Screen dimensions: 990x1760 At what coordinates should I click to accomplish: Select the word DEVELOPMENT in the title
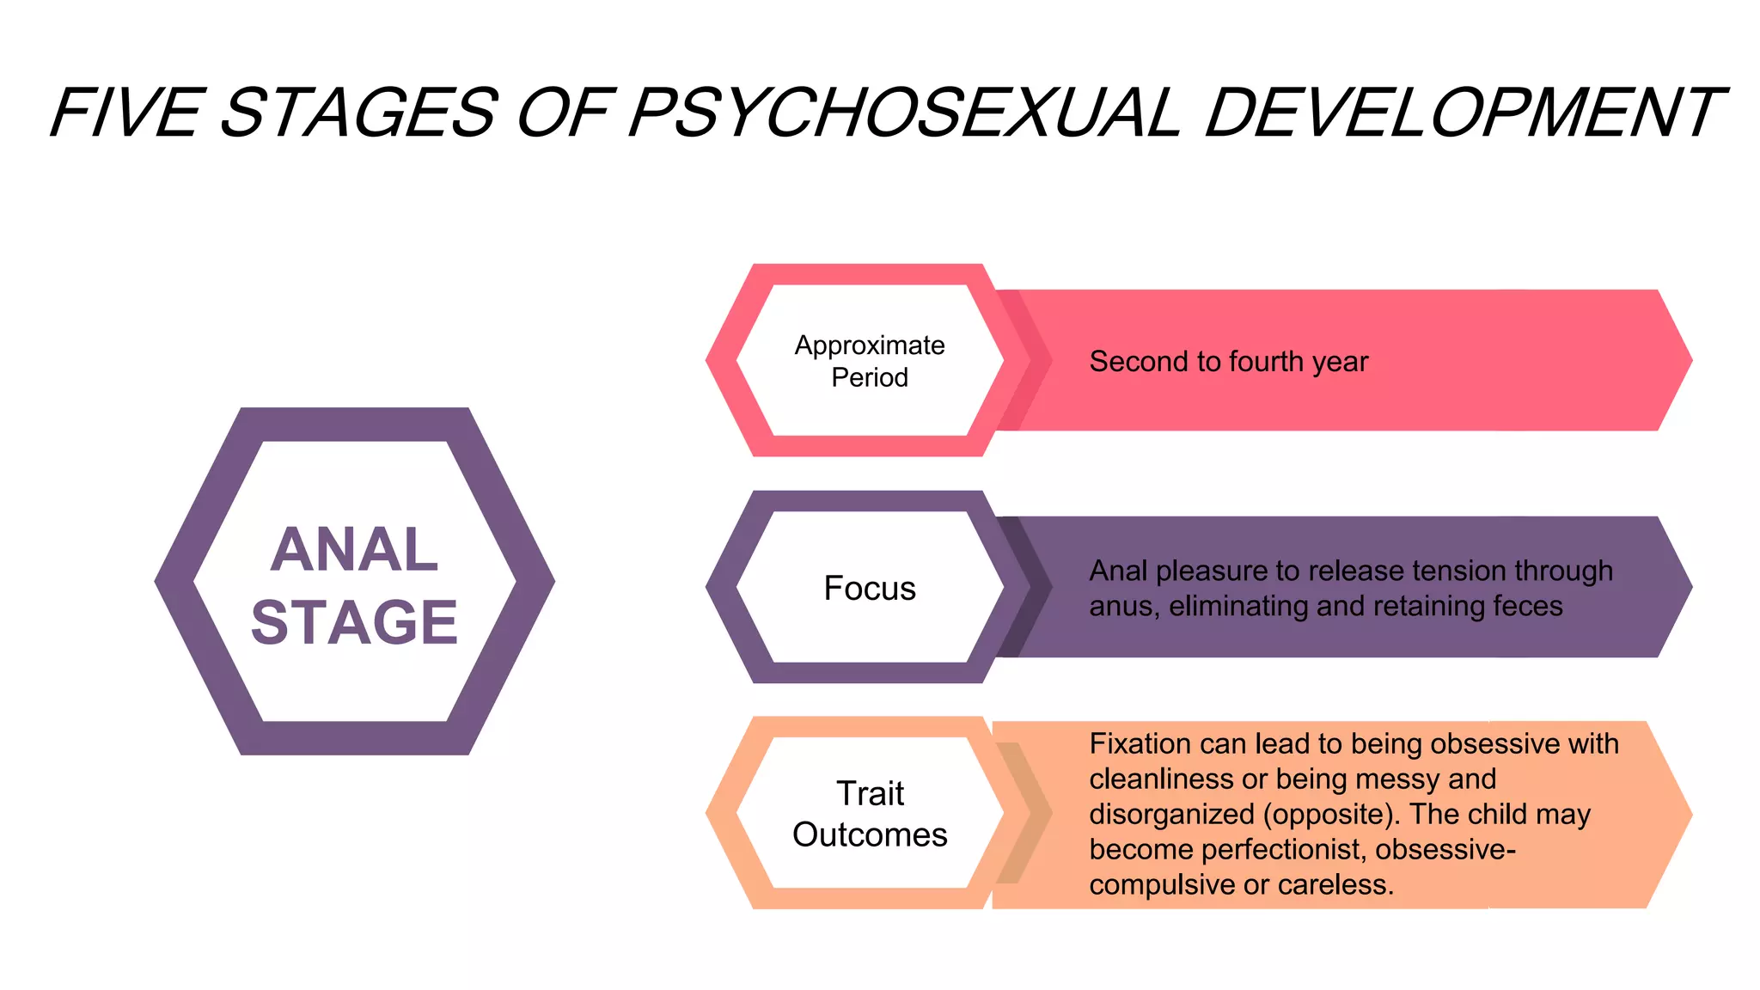(x=1461, y=113)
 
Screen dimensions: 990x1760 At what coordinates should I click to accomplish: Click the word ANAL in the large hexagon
(x=354, y=550)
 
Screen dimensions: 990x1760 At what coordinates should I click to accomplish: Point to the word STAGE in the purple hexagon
(x=354, y=622)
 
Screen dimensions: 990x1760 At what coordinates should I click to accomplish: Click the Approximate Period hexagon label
(x=870, y=361)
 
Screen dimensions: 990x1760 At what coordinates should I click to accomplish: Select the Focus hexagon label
(x=870, y=589)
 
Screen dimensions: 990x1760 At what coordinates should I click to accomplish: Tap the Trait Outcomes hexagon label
(x=870, y=814)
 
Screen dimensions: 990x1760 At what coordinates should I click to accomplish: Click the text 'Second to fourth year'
(x=1228, y=362)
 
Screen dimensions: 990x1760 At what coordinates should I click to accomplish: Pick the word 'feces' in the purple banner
(x=1528, y=606)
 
